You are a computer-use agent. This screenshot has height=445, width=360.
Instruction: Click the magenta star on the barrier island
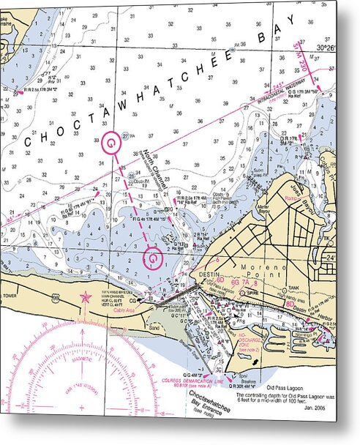(86, 297)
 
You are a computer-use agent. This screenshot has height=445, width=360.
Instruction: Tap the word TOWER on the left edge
(10, 296)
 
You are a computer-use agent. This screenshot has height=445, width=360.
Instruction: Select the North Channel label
(157, 166)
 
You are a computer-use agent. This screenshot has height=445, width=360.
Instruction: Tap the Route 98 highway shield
(293, 302)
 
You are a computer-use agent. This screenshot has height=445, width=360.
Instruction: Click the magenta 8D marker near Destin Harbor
(290, 302)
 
